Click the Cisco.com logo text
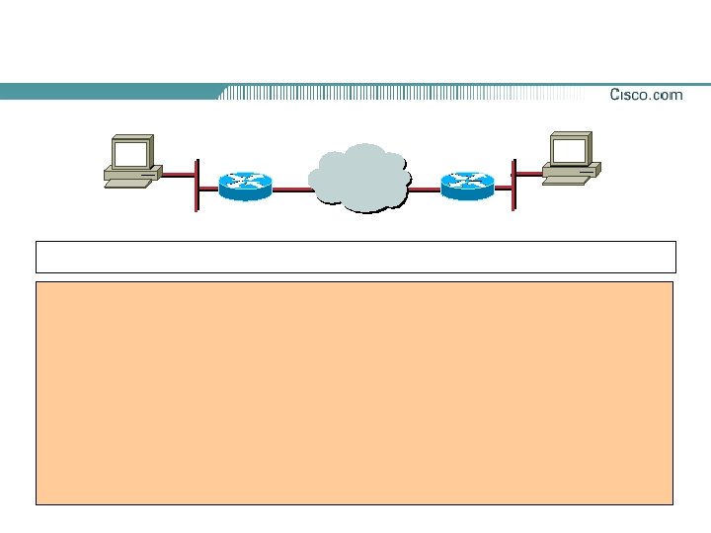pos(646,95)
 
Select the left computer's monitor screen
pos(130,153)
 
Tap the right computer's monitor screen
pos(570,150)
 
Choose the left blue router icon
pos(244,185)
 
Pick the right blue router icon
pos(466,185)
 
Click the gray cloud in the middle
pos(359,178)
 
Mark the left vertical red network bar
pos(197,185)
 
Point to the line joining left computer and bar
pos(179,176)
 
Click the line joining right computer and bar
pos(527,174)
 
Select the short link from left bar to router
pos(208,188)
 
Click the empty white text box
pos(355,257)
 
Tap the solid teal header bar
pos(109,91)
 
